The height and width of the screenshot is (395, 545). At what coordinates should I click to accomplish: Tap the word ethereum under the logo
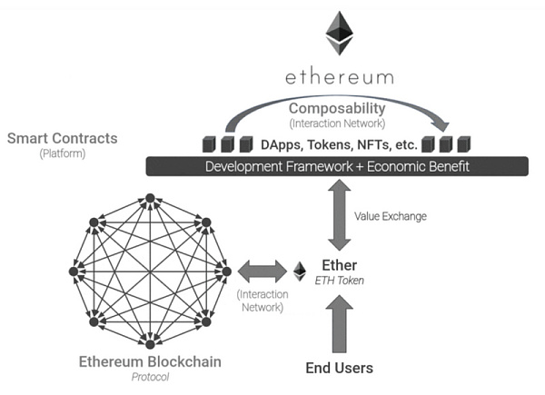(x=339, y=75)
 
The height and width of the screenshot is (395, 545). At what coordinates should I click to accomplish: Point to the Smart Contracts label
(x=62, y=139)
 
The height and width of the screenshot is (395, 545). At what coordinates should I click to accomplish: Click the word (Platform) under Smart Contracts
(x=62, y=154)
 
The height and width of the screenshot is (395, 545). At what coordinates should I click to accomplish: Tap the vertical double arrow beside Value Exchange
(x=338, y=214)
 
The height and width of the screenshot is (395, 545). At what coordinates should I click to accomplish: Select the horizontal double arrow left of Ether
(x=262, y=271)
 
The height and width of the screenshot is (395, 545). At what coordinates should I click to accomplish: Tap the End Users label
(x=338, y=368)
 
